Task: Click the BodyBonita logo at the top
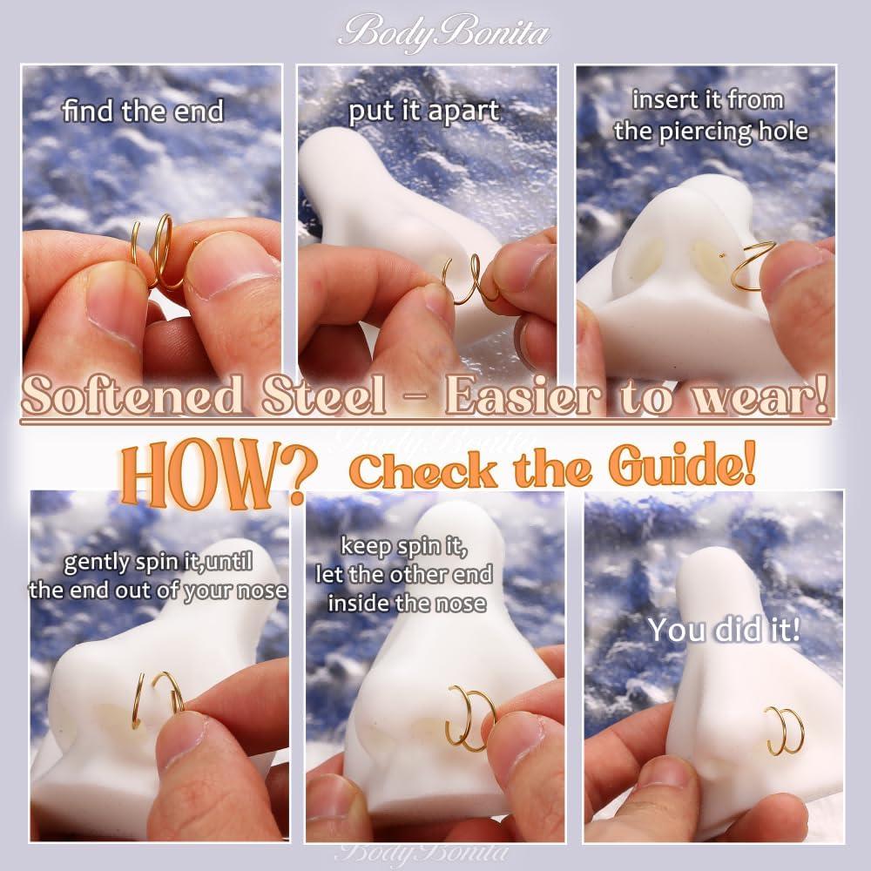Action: click(x=444, y=32)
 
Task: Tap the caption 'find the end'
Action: click(x=143, y=111)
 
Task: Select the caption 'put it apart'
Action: click(x=424, y=111)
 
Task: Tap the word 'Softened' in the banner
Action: click(x=132, y=395)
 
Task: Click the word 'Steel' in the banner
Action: click(x=323, y=395)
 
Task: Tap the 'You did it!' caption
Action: click(x=724, y=630)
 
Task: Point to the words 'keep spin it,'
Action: click(x=404, y=547)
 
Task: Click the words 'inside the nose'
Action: click(x=407, y=604)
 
